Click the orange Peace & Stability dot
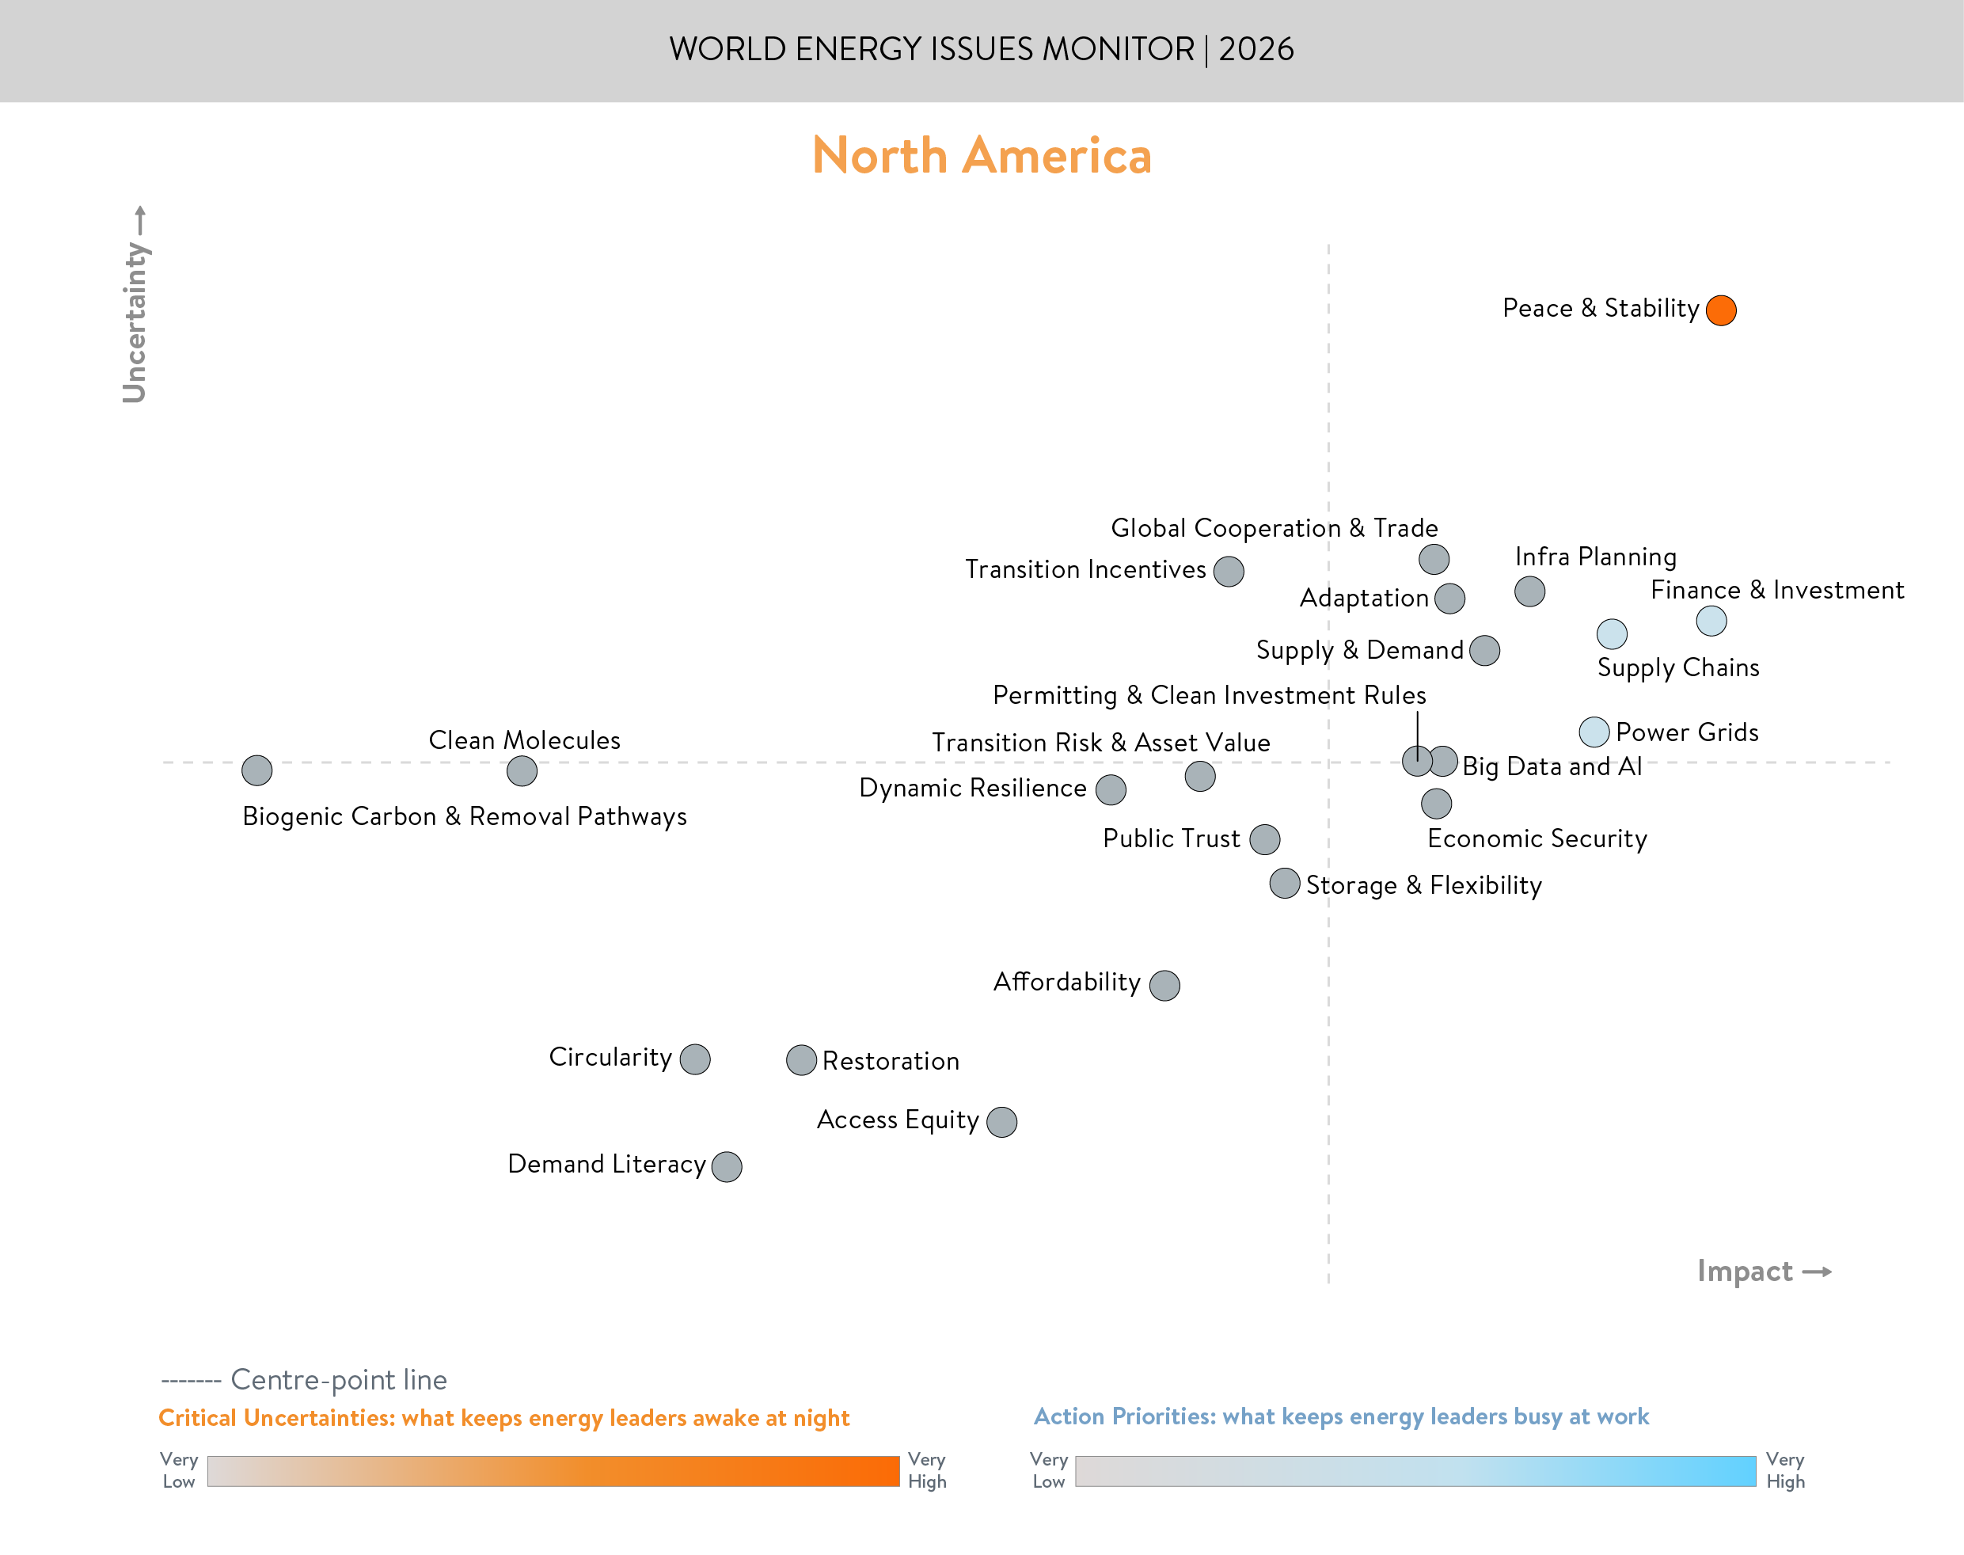pyautogui.click(x=1721, y=310)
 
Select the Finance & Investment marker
pyautogui.click(x=1711, y=621)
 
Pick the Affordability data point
pyautogui.click(x=1164, y=984)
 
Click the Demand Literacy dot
pyautogui.click(x=726, y=1166)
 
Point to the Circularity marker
pyautogui.click(x=694, y=1059)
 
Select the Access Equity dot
pyautogui.click(x=1002, y=1122)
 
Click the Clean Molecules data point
pyautogui.click(x=522, y=771)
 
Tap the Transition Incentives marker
pyautogui.click(x=1229, y=571)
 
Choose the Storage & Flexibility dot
pyautogui.click(x=1284, y=883)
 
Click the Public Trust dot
pyautogui.click(x=1265, y=838)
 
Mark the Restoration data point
pyautogui.click(x=801, y=1059)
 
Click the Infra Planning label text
pyautogui.click(x=1595, y=557)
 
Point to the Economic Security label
pyautogui.click(x=1537, y=838)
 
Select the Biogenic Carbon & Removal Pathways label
pyautogui.click(x=464, y=816)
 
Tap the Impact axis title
pyautogui.click(x=1745, y=1270)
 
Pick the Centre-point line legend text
pyautogui.click(x=339, y=1379)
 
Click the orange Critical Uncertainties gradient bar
pyautogui.click(x=553, y=1470)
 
